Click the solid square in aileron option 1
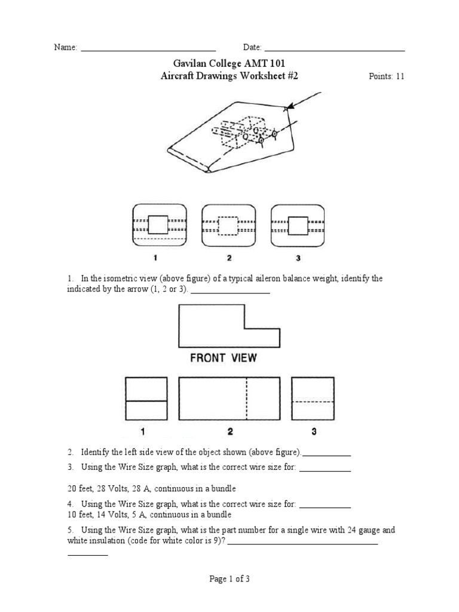(x=158, y=225)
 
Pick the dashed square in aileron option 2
(x=228, y=225)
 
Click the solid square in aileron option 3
(x=298, y=225)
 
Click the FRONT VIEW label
(x=223, y=358)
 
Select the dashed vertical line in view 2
(x=247, y=399)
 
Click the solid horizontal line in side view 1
(x=145, y=400)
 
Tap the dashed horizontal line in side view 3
(x=313, y=402)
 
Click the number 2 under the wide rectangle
(x=229, y=432)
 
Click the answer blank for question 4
(x=325, y=507)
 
